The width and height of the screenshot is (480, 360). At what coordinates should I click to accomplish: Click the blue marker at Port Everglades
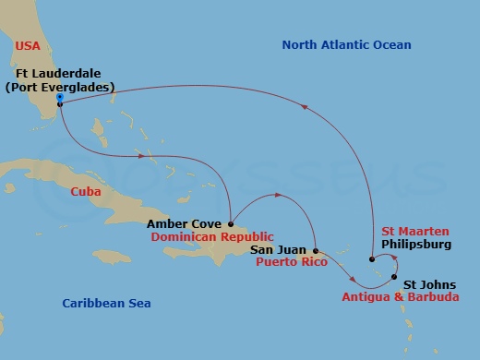click(x=59, y=97)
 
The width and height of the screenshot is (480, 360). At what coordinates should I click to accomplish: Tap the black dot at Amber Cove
click(x=231, y=222)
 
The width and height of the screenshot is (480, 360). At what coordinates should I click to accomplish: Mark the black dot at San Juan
click(x=317, y=250)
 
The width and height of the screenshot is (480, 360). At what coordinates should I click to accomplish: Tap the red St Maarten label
click(x=415, y=231)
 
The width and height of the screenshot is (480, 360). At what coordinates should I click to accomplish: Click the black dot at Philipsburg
click(x=371, y=259)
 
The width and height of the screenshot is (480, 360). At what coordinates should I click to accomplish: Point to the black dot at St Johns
click(x=395, y=278)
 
